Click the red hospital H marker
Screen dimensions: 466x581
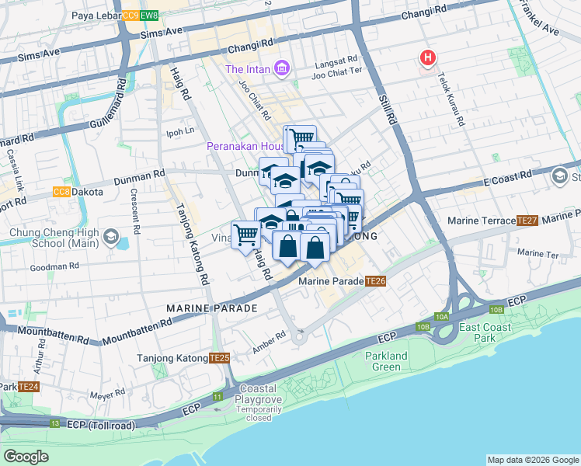[426, 57]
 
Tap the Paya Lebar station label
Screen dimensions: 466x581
[95, 15]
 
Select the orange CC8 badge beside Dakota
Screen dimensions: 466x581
[61, 192]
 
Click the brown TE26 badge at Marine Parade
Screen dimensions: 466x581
[376, 280]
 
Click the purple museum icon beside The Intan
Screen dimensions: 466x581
[281, 70]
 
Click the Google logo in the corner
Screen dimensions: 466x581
[26, 456]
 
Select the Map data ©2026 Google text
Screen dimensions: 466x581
[532, 460]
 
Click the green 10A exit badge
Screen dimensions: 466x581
[443, 316]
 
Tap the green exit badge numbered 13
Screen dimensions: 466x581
[54, 423]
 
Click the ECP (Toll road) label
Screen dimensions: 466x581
[100, 426]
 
